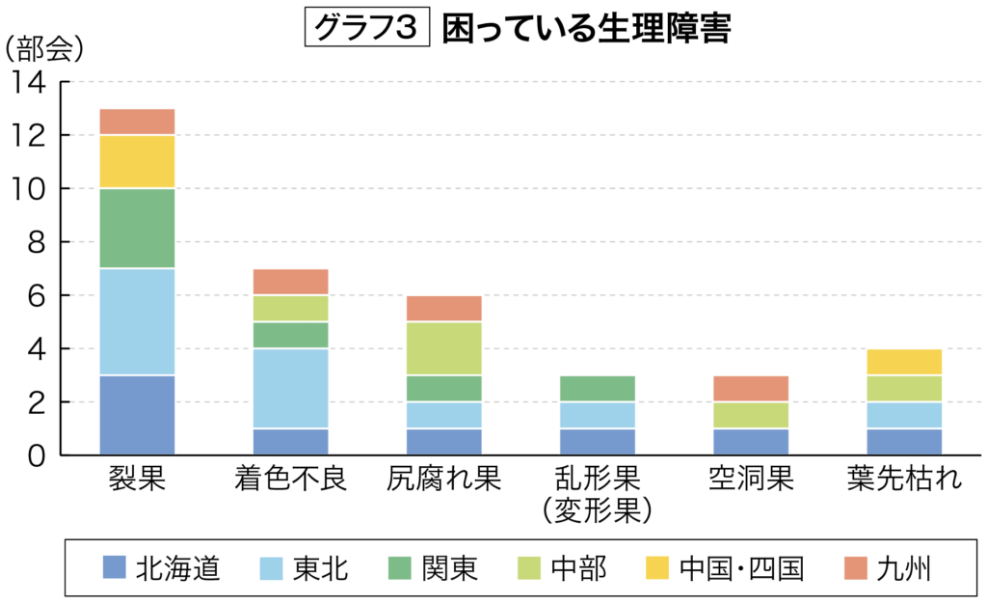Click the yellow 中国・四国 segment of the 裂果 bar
coord(137,161)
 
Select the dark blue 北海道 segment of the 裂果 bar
coord(137,415)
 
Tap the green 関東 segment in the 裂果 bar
coord(137,228)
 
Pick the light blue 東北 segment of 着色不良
coord(290,388)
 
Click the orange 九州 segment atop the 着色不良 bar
coord(290,282)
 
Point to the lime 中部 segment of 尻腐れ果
coord(443,348)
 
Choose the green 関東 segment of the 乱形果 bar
coord(597,389)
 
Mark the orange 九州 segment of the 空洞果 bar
coord(750,389)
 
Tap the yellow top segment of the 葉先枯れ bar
coord(903,362)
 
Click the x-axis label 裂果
coord(137,479)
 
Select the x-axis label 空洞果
coord(750,479)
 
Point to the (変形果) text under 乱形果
coord(597,508)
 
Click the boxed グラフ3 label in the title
coord(365,29)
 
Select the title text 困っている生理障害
coord(586,29)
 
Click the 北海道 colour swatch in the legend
coord(115,567)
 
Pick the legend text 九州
coord(904,568)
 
